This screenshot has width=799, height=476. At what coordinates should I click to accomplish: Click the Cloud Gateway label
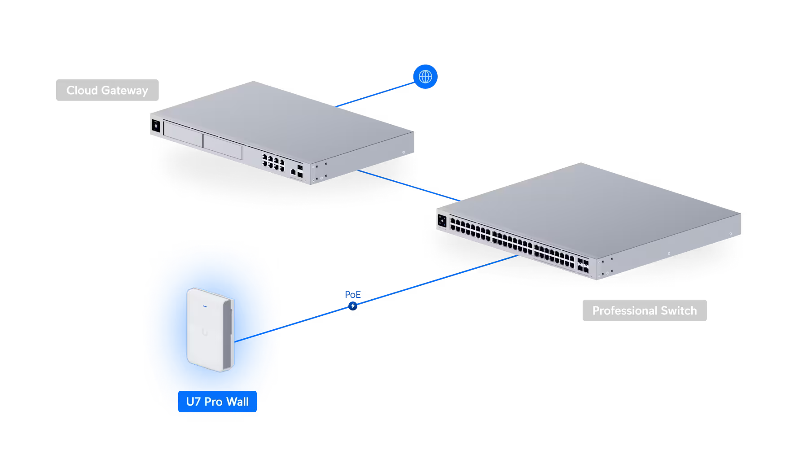pyautogui.click(x=107, y=90)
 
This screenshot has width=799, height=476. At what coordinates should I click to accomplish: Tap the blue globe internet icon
pyautogui.click(x=425, y=77)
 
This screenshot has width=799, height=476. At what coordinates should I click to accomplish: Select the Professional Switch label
pyautogui.click(x=644, y=310)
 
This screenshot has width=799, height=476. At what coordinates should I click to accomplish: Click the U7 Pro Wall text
pyautogui.click(x=217, y=402)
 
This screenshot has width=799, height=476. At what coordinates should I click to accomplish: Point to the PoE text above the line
pyautogui.click(x=353, y=295)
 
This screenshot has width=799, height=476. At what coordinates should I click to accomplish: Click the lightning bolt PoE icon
pyautogui.click(x=353, y=306)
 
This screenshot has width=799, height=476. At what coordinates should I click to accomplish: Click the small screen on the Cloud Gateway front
pyautogui.click(x=156, y=126)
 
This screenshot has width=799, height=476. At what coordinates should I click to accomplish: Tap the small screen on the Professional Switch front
pyautogui.click(x=442, y=220)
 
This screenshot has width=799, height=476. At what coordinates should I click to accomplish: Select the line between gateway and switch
pyautogui.click(x=408, y=185)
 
